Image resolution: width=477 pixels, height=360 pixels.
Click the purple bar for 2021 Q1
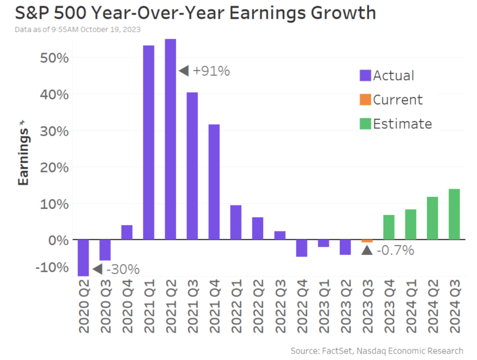149,142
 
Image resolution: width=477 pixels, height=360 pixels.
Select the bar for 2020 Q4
127,232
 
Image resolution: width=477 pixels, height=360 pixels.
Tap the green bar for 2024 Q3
454,214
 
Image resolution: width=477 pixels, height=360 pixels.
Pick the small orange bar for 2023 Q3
367,241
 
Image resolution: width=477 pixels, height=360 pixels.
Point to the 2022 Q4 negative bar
302,248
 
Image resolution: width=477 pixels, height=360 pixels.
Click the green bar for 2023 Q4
389,227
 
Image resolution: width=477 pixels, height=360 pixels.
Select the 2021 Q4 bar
214,182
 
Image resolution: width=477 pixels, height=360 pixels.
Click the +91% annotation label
211,71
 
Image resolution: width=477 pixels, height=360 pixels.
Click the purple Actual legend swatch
365,75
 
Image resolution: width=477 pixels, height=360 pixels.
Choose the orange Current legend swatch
365,100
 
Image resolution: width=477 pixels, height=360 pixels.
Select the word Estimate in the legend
403,124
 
